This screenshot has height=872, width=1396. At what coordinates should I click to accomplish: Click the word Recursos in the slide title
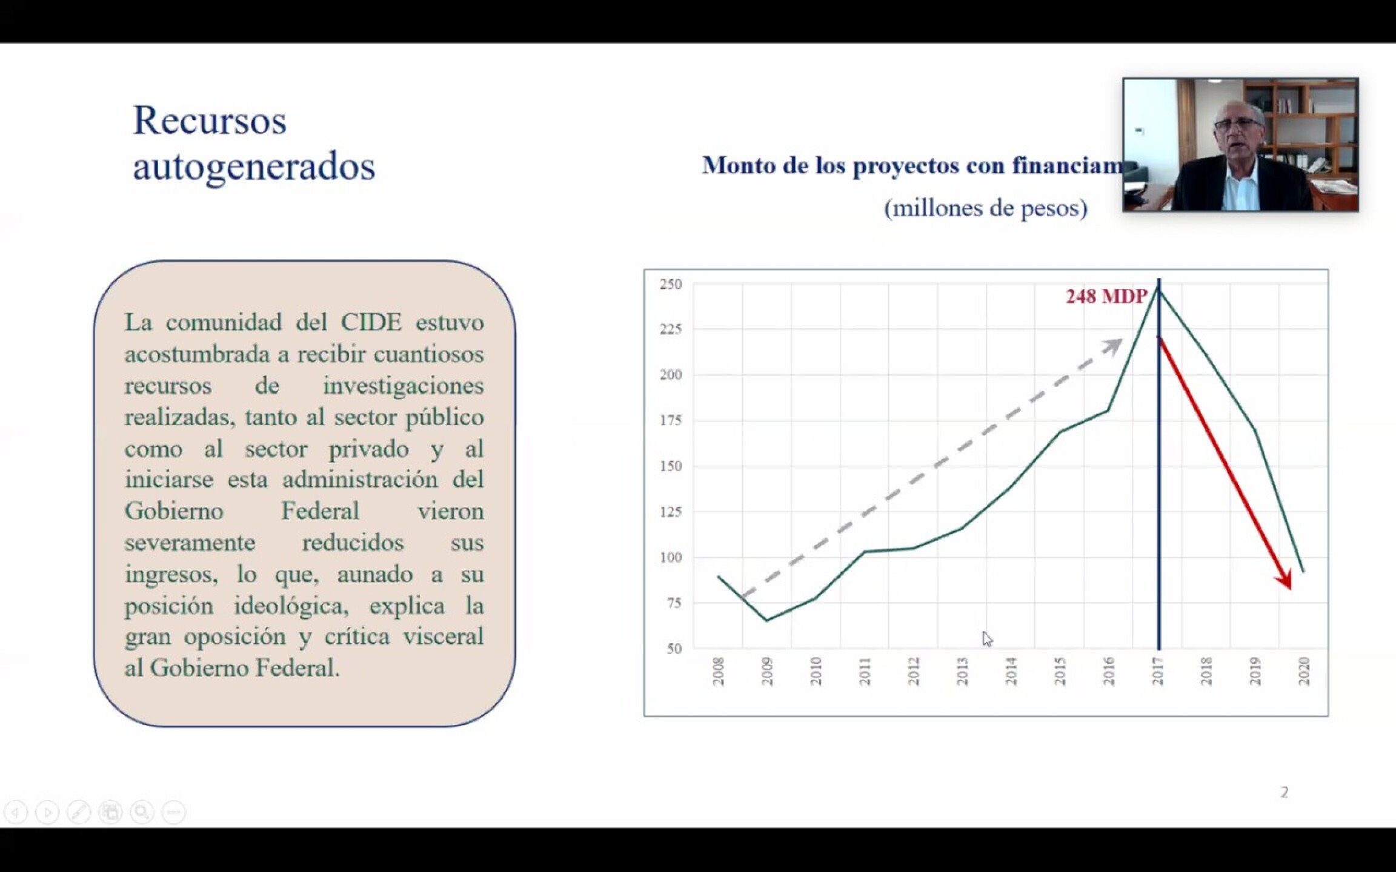[209, 120]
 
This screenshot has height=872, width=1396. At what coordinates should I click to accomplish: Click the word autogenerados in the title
[254, 166]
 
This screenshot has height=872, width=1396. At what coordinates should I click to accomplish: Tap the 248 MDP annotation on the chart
[1106, 296]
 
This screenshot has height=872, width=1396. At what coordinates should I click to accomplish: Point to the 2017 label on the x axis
[1158, 671]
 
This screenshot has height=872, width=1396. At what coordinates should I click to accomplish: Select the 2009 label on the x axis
[767, 671]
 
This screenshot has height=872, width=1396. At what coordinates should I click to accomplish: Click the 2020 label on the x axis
[1304, 671]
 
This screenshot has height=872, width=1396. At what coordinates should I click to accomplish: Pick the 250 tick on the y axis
[671, 284]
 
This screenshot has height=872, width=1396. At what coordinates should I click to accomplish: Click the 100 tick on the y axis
[671, 557]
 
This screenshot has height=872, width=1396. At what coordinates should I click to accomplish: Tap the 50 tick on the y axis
[674, 649]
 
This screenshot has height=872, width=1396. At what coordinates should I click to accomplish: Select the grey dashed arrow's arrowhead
[1115, 345]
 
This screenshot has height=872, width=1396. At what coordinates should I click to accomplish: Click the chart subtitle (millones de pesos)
[985, 208]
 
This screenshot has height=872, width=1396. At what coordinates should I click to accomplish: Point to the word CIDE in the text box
[371, 322]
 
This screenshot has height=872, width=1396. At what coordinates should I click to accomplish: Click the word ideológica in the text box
[291, 606]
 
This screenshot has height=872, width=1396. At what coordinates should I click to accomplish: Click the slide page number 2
[1284, 792]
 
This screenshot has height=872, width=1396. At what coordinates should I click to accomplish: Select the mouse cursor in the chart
[986, 639]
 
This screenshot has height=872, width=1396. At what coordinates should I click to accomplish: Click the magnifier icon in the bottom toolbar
[142, 811]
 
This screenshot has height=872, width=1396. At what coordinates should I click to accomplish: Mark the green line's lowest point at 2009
[766, 621]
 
